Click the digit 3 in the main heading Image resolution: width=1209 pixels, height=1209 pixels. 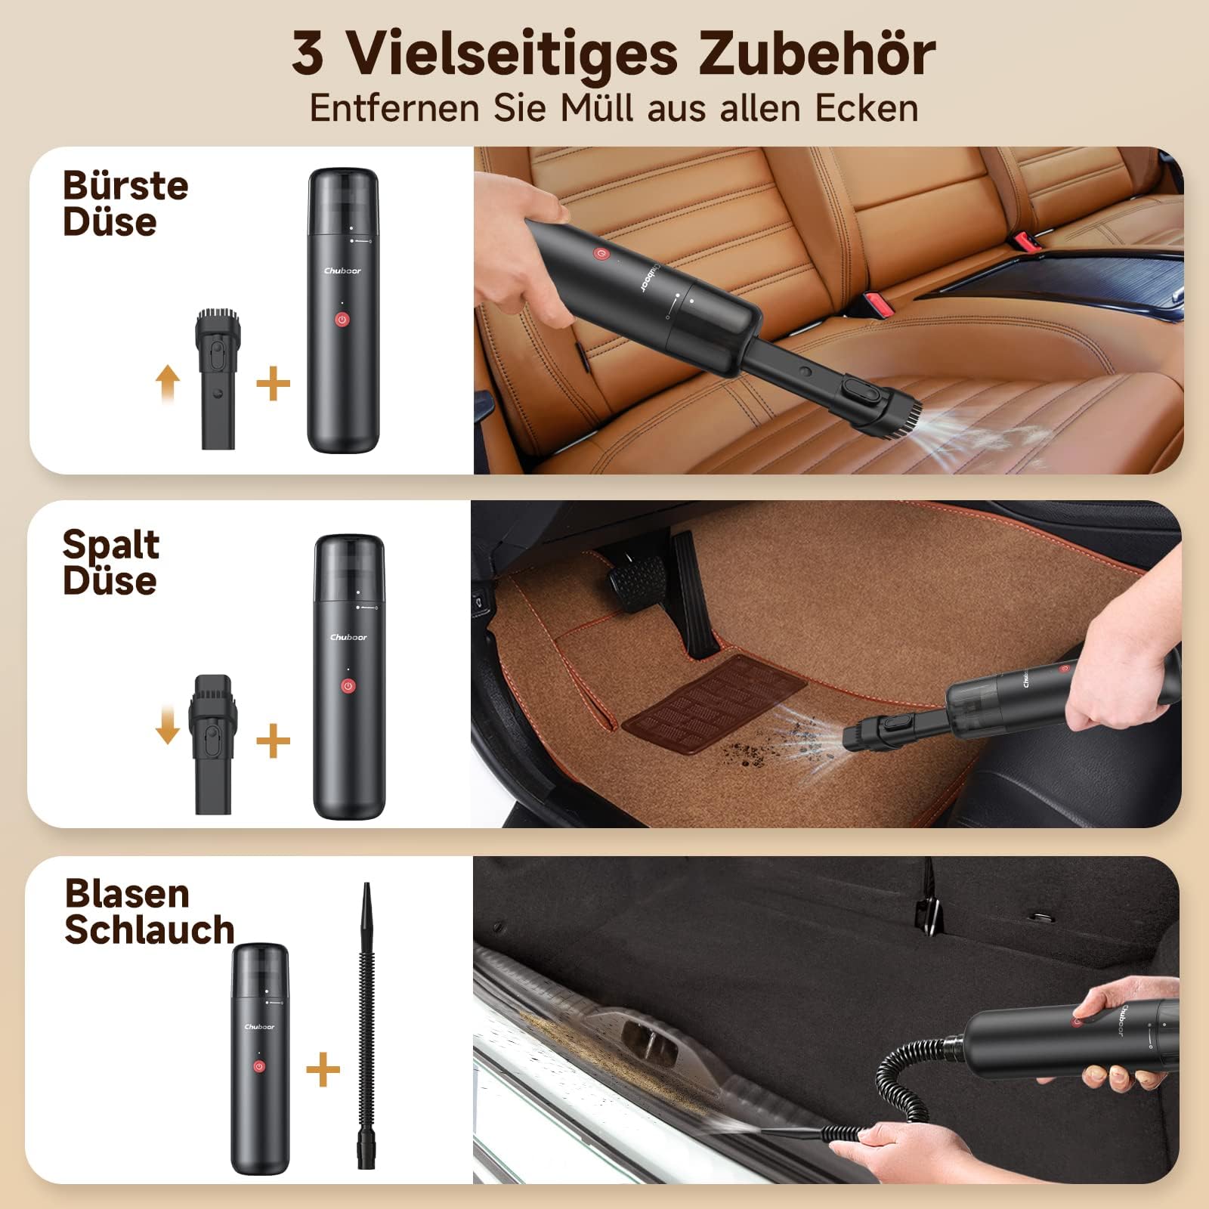pos(308,54)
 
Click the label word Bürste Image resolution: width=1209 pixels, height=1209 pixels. pos(125,186)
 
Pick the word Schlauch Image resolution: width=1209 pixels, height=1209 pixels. pos(150,929)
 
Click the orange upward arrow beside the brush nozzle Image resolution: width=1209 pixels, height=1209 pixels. pos(168,383)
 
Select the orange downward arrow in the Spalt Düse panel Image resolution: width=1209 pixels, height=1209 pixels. pos(167,727)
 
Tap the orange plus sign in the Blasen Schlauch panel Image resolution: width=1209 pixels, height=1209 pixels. pos(323,1070)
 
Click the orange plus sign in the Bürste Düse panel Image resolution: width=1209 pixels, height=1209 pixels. pos(273,385)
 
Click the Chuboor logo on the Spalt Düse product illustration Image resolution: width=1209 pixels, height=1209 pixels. pos(348,637)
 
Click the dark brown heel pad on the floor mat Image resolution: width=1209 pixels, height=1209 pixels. pos(715,700)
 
